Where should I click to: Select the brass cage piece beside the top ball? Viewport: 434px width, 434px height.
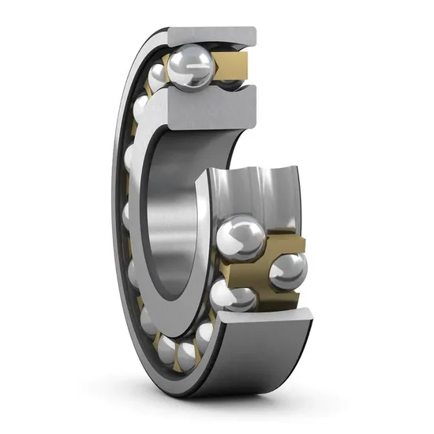point(232,65)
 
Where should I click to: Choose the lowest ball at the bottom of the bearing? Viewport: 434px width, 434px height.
point(189,355)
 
